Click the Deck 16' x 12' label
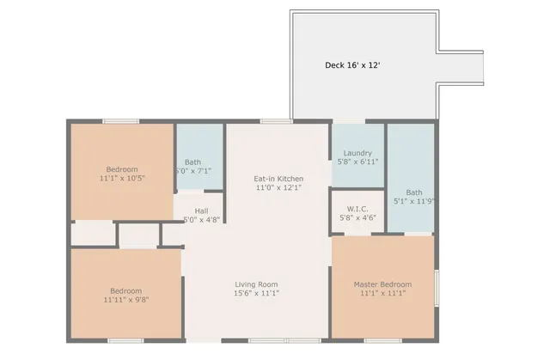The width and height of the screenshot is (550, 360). (x=351, y=64)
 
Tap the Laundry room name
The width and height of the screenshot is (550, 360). (x=357, y=153)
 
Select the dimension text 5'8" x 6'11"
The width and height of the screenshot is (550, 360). (x=357, y=162)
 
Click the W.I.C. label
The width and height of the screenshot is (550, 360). (x=357, y=209)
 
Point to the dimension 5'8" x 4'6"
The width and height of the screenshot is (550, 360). (x=357, y=218)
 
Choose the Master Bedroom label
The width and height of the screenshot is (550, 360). (x=382, y=284)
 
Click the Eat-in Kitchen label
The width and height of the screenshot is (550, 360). (x=278, y=179)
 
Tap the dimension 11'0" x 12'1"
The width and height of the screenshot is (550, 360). (x=278, y=187)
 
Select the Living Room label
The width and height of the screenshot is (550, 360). (x=257, y=284)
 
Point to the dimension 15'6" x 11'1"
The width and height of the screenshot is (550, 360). (x=257, y=293)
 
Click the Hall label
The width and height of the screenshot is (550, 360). (x=201, y=211)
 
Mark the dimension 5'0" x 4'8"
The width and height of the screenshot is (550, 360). (x=201, y=219)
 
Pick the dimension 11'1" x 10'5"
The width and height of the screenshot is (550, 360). (x=121, y=179)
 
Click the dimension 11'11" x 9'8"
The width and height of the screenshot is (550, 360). (x=125, y=299)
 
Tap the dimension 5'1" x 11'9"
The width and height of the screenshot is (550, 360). (x=414, y=202)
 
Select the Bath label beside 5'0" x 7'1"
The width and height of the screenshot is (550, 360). (x=193, y=162)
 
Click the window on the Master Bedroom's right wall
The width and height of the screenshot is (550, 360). (x=437, y=287)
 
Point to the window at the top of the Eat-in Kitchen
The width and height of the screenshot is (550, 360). (x=276, y=121)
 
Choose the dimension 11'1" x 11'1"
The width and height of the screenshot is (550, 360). (x=382, y=294)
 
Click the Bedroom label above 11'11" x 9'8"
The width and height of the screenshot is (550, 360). (x=125, y=290)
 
